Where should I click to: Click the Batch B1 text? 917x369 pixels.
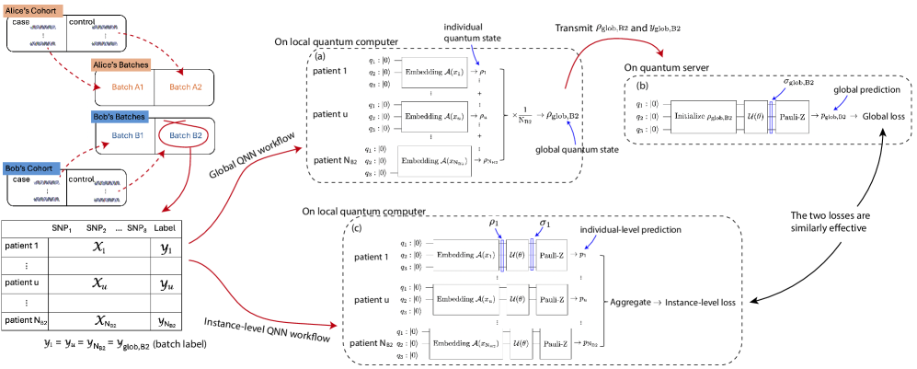pos(128,135)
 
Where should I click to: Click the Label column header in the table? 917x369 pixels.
pos(165,228)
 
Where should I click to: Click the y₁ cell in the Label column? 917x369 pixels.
pos(166,248)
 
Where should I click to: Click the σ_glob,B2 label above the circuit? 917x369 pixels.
pos(798,82)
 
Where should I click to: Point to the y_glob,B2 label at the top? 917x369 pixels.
pos(664,29)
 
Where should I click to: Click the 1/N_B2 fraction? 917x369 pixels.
pos(524,115)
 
